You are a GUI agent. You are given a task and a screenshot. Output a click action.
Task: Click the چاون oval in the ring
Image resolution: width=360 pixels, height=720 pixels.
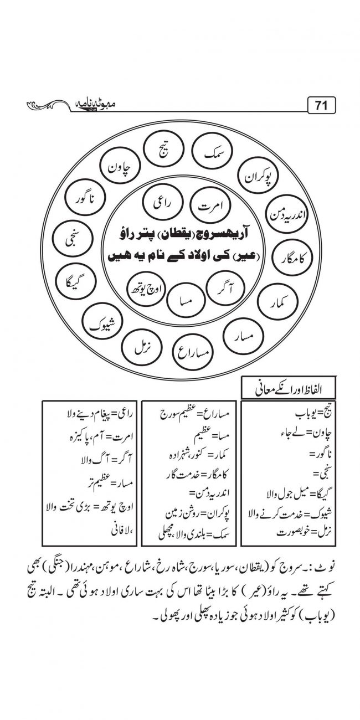coord(119,166)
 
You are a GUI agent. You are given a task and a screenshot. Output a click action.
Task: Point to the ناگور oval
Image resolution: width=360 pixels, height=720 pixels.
coord(84,198)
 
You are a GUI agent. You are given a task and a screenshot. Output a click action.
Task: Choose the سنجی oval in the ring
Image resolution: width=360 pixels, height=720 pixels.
coord(70,240)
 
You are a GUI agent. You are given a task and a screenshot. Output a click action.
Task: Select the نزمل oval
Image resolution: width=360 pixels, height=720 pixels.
coord(139,346)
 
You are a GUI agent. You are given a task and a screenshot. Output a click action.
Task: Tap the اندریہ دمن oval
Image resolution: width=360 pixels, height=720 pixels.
coord(284,212)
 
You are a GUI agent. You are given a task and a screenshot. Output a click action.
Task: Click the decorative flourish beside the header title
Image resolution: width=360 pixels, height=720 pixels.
coord(47,105)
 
